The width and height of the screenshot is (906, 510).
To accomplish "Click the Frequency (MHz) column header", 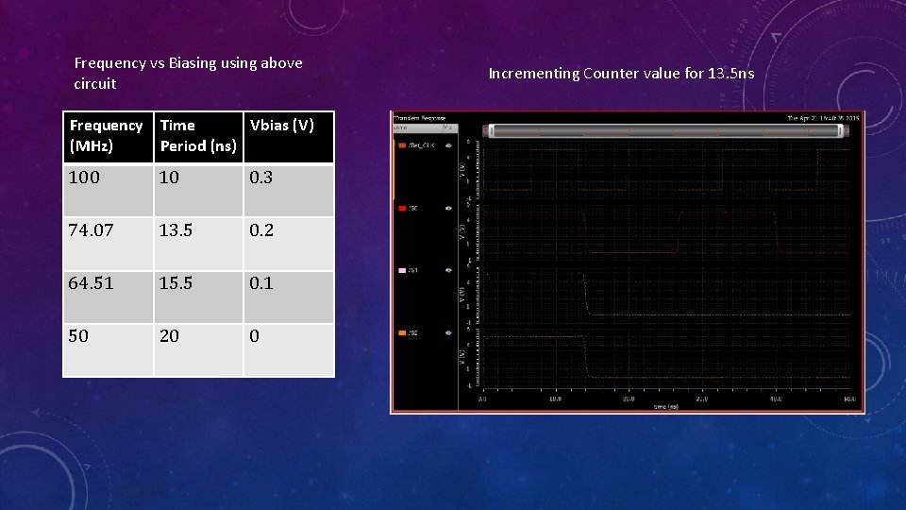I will pos(107,136).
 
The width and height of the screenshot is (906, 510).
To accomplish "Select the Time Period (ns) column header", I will pos(198,136).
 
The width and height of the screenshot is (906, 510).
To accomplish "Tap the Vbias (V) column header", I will pos(281,126).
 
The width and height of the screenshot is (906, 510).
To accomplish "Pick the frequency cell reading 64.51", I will pos(91,283).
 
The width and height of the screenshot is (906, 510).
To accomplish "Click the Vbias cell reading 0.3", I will pos(261,178).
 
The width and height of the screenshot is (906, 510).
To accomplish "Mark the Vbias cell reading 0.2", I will pos(261,230).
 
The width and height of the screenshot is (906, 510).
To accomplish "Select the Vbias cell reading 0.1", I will pos(261,283).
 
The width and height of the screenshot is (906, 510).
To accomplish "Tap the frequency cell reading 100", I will pos(84,178).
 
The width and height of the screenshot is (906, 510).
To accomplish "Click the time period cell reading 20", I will pos(170,336).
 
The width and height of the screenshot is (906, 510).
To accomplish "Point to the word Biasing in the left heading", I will pos(194,63).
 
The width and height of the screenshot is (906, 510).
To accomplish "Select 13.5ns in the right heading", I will pos(730,74).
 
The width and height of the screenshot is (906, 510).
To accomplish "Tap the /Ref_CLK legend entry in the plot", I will pos(418,145).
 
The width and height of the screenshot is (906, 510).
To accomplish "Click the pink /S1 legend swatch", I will pos(402,270).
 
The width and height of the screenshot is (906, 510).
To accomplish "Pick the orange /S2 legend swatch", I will pos(402,332).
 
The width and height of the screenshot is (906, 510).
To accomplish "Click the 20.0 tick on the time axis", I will pos(629,399).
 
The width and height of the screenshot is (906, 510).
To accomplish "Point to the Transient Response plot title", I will pos(418,118).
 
